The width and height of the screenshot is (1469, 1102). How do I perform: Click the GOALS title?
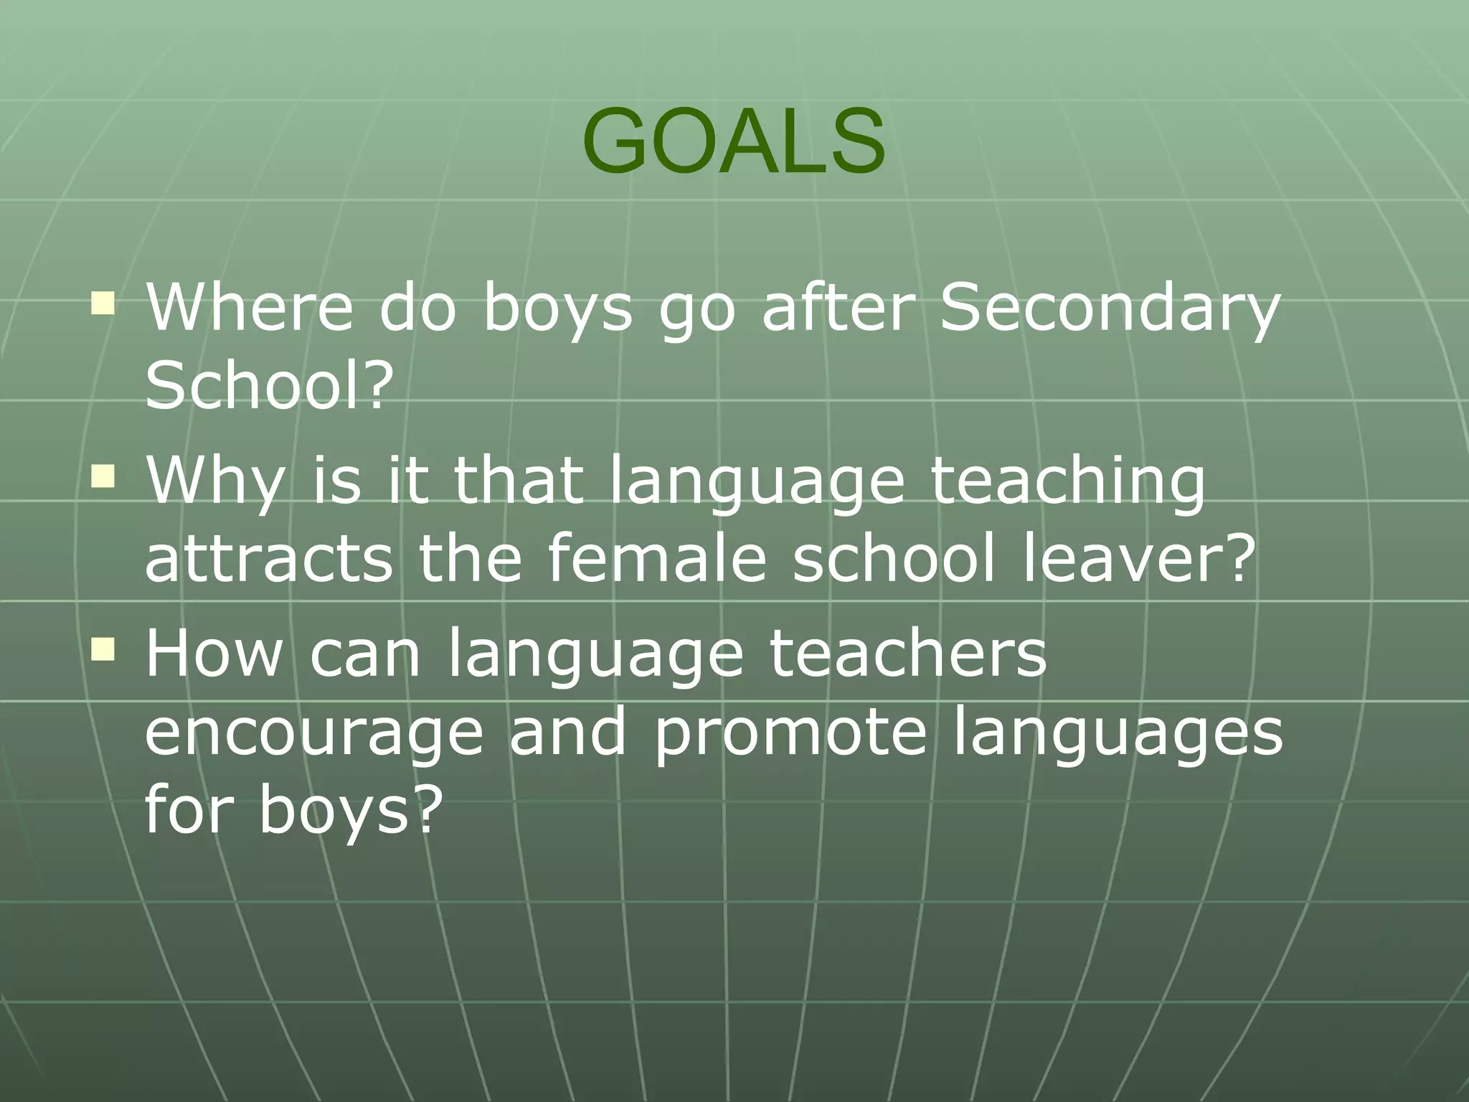click(x=734, y=141)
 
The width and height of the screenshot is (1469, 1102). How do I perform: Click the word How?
click(x=214, y=653)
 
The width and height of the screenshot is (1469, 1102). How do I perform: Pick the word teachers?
click(x=908, y=653)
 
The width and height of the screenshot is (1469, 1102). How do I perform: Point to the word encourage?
click(x=314, y=733)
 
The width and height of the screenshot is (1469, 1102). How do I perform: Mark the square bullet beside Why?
click(x=103, y=476)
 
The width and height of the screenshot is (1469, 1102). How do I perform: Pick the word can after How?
click(x=364, y=654)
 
